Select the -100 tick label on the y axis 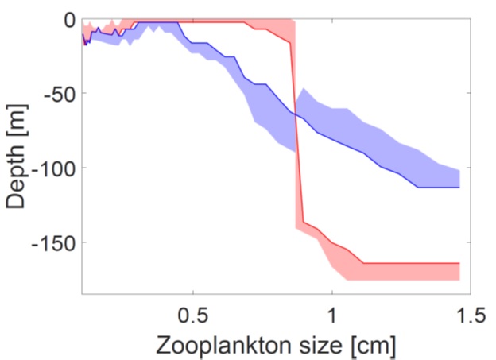point(50,168)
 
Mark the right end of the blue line point(459,188)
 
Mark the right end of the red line point(459,263)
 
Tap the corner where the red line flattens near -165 point(363,263)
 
